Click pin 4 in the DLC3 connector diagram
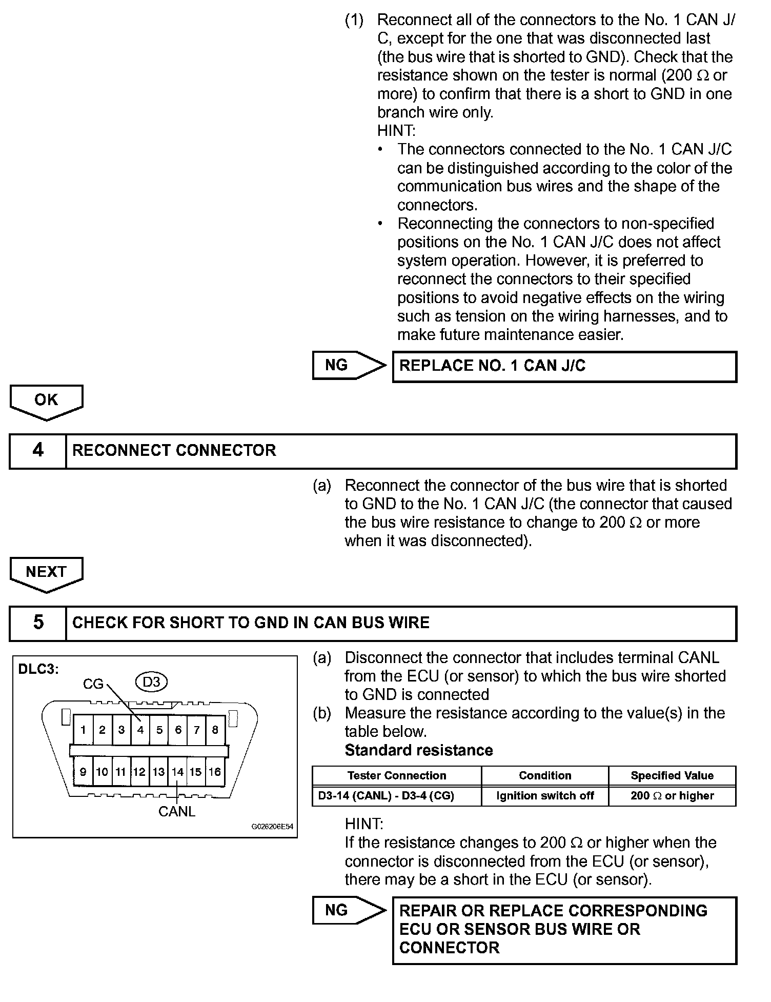point(140,730)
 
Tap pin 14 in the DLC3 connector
point(177,772)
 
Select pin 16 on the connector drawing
point(215,772)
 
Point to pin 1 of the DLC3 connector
point(83,730)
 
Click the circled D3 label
point(152,682)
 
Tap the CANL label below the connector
point(177,811)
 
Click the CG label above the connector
point(93,684)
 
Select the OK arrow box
point(46,401)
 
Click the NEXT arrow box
point(46,573)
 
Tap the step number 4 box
point(38,451)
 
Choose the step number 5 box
point(38,623)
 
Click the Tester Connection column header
point(397,775)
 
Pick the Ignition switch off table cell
point(545,796)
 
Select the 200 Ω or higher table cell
point(672,796)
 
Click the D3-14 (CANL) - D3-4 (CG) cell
point(386,796)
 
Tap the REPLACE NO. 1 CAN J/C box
point(564,366)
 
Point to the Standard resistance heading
point(419,750)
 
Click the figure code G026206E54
point(272,827)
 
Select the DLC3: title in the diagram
point(38,669)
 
